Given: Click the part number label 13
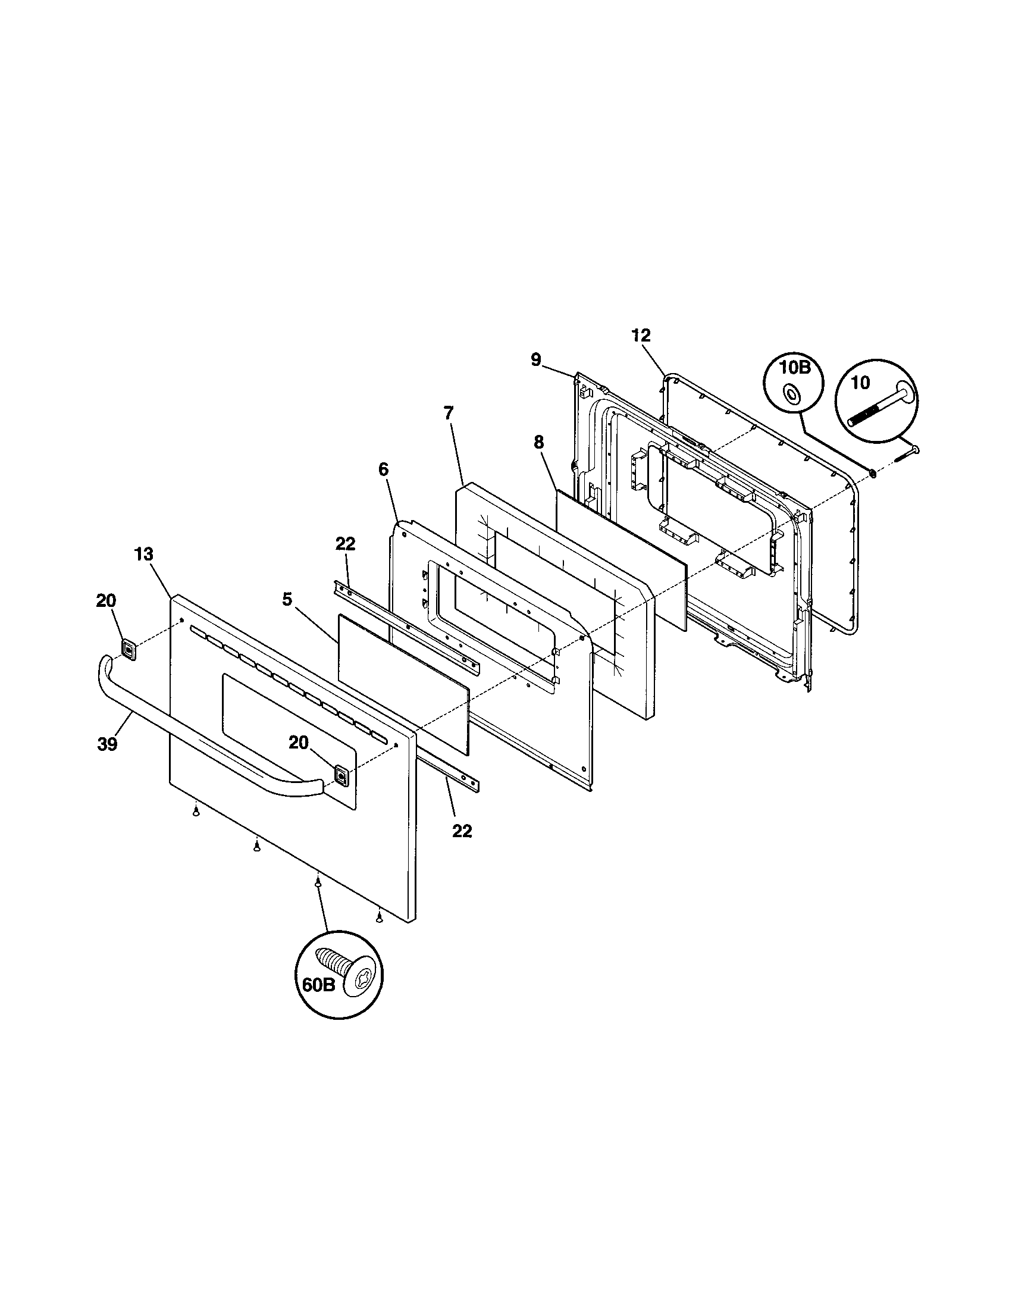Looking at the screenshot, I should click(144, 555).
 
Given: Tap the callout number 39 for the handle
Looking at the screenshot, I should click(107, 744).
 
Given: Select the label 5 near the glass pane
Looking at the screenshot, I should click(287, 599).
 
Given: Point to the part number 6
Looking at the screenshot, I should click(384, 469).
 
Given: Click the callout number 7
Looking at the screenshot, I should click(449, 413).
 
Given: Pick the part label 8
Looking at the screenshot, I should click(538, 442).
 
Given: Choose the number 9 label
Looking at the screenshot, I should click(535, 359).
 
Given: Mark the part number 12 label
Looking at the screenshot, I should click(641, 336).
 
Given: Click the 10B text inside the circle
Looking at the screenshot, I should click(794, 368).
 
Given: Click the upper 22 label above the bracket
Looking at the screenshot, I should click(345, 544).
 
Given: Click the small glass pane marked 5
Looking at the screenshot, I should click(403, 682).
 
